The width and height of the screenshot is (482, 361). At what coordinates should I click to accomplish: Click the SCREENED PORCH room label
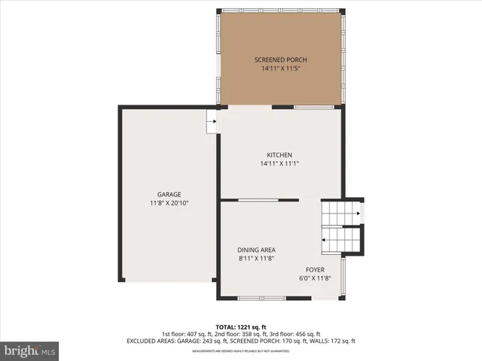click(x=280, y=60)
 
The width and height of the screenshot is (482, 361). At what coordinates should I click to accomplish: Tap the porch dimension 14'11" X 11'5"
click(x=280, y=68)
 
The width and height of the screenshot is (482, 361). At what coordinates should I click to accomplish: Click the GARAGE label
click(x=169, y=194)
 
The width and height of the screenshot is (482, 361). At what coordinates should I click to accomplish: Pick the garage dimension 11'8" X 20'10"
click(x=169, y=202)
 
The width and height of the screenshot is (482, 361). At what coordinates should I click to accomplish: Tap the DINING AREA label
click(x=256, y=250)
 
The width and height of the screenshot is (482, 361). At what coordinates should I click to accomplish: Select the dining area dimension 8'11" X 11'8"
click(x=256, y=258)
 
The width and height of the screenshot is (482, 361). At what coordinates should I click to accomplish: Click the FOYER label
click(x=315, y=269)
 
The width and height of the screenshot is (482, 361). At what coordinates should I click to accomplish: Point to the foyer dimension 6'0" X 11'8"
click(x=315, y=278)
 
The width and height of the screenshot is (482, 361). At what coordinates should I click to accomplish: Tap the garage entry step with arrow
click(x=212, y=121)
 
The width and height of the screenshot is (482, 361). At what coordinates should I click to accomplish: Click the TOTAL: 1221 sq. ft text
click(x=240, y=327)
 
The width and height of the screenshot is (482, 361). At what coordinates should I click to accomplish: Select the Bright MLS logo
click(x=30, y=350)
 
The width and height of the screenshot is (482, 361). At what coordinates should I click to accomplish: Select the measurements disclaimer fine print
click(x=240, y=351)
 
